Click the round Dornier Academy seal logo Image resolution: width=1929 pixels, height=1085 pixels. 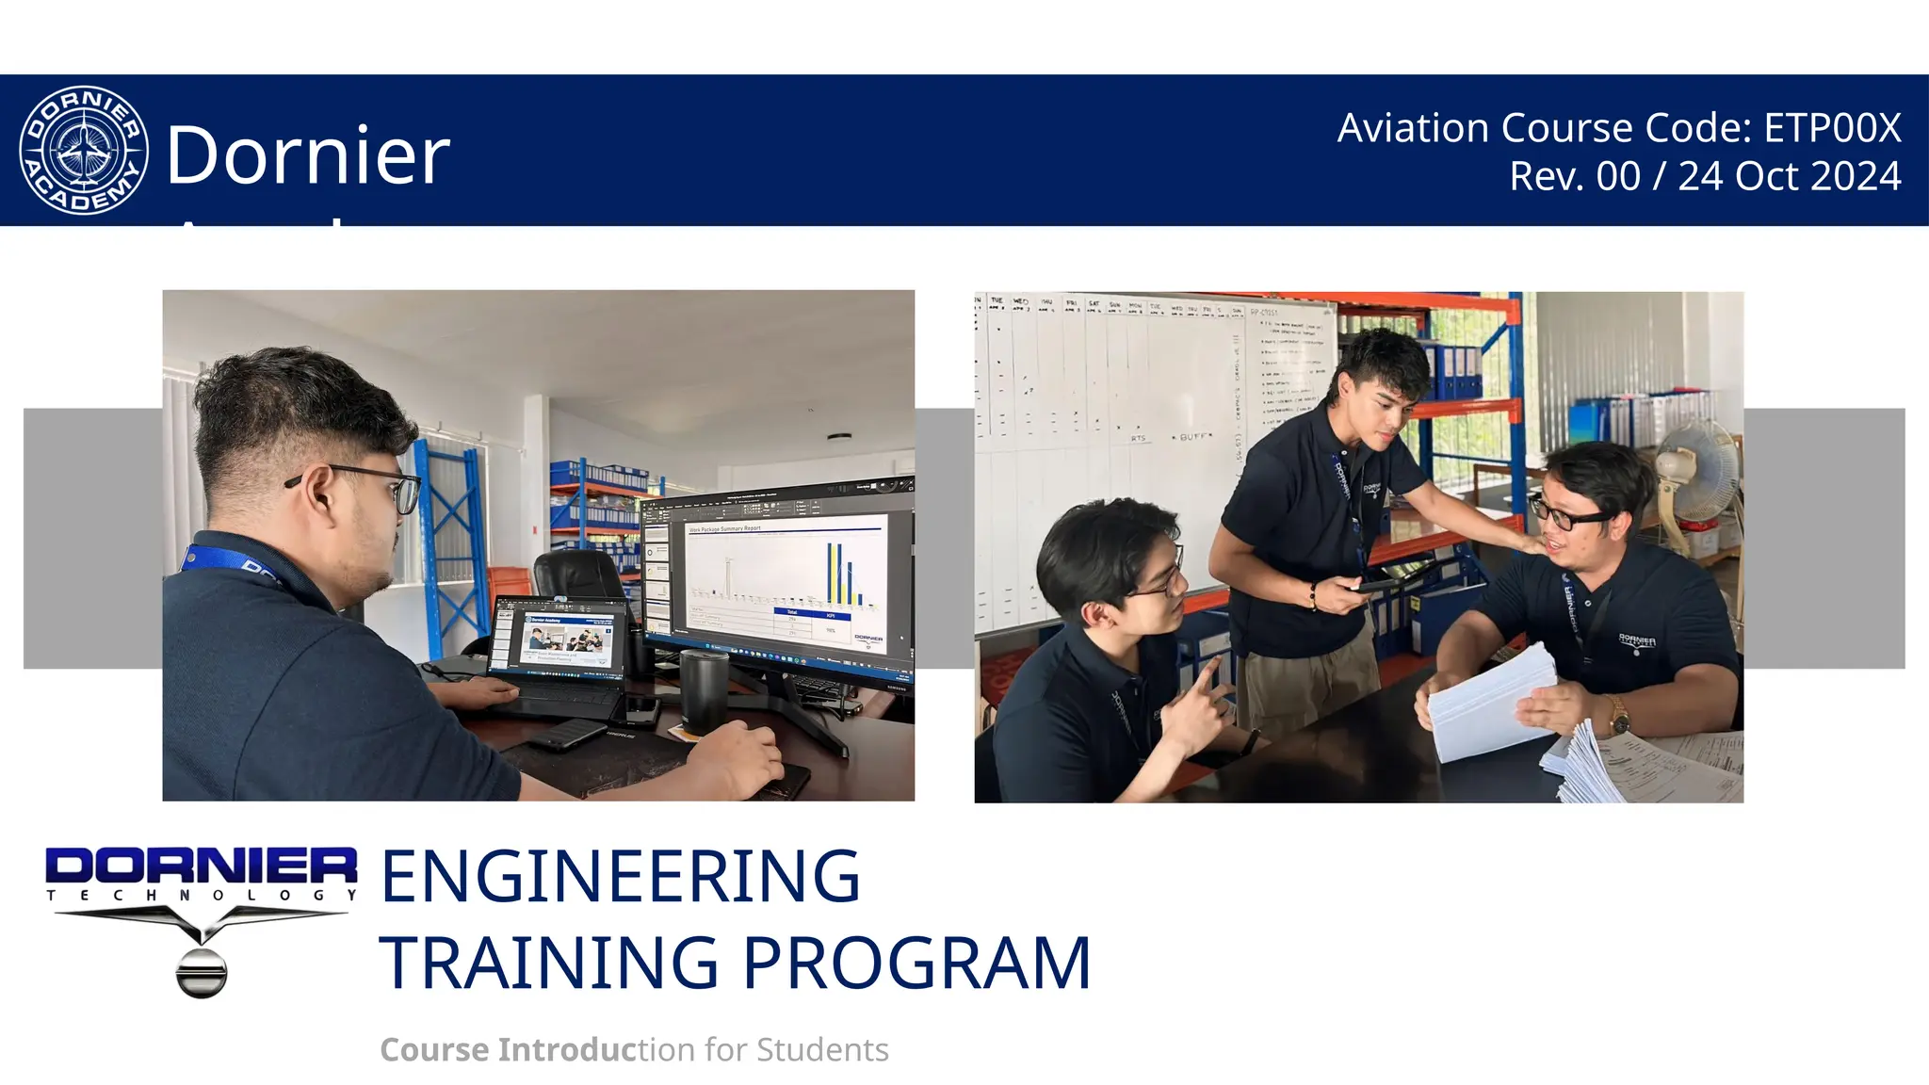click(x=84, y=150)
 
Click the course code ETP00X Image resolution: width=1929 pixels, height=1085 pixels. click(x=1832, y=128)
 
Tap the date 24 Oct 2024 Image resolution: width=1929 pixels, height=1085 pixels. click(x=1789, y=176)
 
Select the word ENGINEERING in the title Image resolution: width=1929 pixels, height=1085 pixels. click(x=620, y=876)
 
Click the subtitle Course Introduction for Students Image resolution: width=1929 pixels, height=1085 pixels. click(x=634, y=1049)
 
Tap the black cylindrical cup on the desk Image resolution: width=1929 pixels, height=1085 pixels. click(x=704, y=688)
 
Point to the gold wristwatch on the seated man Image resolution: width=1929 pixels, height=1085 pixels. click(x=1618, y=718)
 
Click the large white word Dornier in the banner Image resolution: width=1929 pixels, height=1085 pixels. click(x=308, y=154)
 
